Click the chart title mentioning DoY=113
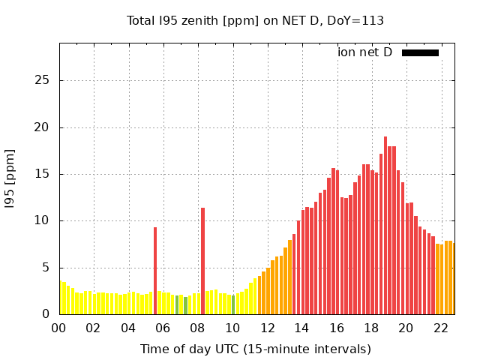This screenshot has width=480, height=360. (255, 20)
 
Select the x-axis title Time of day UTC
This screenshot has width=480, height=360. (255, 349)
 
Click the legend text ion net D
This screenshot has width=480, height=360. (364, 52)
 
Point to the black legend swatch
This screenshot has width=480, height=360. (420, 52)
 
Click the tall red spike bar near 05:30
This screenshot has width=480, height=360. (155, 271)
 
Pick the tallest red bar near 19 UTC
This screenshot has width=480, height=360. (385, 225)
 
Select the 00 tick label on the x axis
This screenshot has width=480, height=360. (58, 328)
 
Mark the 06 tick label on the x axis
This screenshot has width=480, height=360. (163, 328)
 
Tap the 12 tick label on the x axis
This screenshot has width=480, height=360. (267, 328)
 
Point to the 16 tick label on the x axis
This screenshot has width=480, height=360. (337, 328)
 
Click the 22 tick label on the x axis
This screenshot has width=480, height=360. (441, 328)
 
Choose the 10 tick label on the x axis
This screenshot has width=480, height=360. (232, 328)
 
